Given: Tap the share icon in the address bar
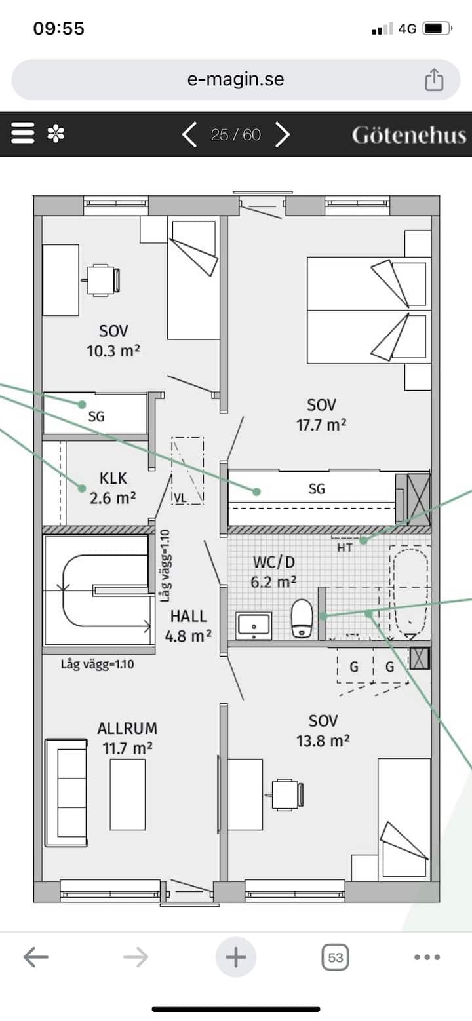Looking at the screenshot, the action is coord(434,80).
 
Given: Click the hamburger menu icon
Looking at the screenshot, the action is coord(23,133).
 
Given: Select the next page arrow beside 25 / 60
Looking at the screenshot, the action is coord(283,134).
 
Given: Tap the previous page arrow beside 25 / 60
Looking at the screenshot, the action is coord(189,134).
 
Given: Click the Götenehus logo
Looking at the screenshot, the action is coord(409,136).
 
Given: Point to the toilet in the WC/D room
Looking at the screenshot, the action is coord(302,618).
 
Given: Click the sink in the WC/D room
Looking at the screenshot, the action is coord(254,625).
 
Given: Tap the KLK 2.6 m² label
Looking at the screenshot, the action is coord(113,488).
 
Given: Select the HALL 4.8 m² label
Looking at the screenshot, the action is coord(188,626).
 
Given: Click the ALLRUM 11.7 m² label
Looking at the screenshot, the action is coord(127,738).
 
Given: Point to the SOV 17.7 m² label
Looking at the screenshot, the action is coord(321,415).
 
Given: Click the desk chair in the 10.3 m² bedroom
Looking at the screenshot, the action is coord(101,280).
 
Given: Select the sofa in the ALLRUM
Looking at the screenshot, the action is coord(66,793).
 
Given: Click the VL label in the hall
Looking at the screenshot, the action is coord(180,498).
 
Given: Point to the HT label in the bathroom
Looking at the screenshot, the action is coord(345,547).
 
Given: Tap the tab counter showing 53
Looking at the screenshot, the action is coord(335,957).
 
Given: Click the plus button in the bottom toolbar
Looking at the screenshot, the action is coord(236,957).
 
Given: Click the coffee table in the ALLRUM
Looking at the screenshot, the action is coord(128,794).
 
